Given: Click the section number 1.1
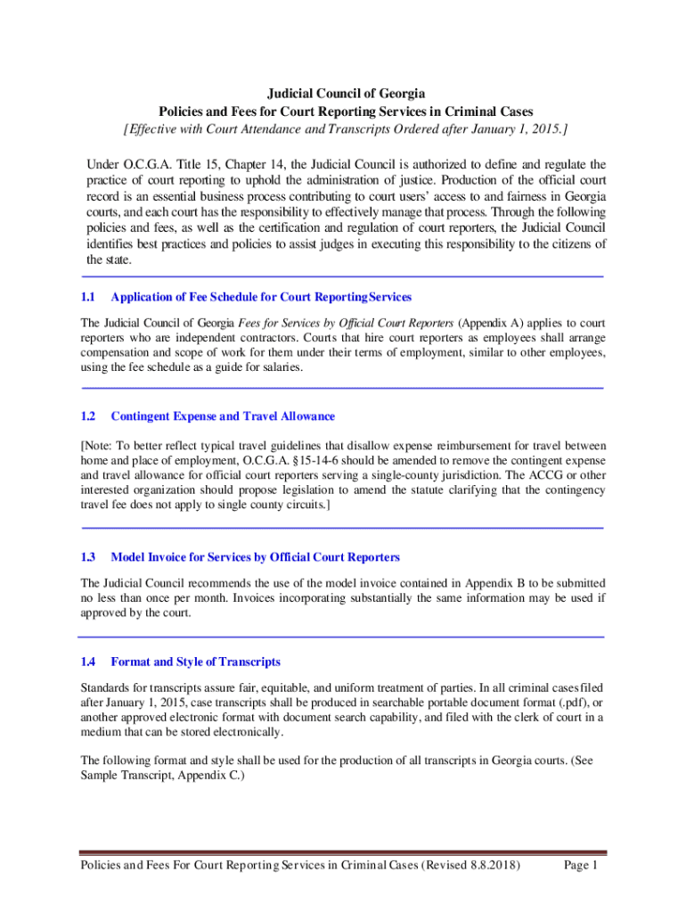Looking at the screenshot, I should click(x=87, y=296).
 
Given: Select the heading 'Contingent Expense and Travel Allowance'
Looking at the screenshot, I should click(x=223, y=416).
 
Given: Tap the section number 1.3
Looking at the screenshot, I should click(x=87, y=557).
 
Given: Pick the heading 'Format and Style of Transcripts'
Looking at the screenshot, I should click(x=195, y=662).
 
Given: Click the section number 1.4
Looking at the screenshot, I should click(x=87, y=662).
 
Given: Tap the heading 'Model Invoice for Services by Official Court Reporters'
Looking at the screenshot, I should click(x=255, y=557).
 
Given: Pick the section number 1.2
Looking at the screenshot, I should click(x=87, y=416).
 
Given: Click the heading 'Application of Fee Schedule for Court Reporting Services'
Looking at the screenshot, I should click(x=260, y=296).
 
